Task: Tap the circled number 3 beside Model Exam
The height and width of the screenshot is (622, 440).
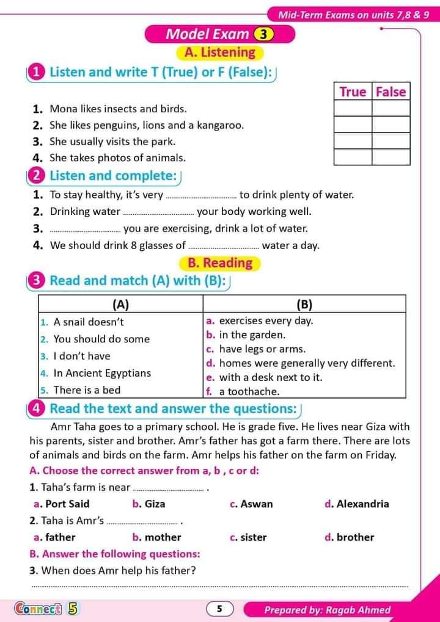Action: tap(263, 35)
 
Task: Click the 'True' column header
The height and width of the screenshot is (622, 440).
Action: tap(353, 92)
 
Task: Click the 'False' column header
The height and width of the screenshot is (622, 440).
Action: tap(391, 92)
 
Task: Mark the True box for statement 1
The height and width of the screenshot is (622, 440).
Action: tap(353, 109)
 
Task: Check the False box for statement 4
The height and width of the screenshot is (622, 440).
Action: tap(391, 157)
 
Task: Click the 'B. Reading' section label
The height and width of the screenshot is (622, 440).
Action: tap(220, 263)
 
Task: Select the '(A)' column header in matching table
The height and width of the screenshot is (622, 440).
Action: tap(120, 304)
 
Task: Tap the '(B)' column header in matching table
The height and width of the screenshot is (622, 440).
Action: tap(304, 304)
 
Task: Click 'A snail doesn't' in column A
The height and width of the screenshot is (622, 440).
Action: tap(88, 322)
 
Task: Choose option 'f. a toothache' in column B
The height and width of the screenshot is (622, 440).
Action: tap(243, 392)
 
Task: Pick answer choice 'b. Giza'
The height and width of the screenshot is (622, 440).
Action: tap(148, 504)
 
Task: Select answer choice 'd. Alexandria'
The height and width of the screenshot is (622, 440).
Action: tap(357, 504)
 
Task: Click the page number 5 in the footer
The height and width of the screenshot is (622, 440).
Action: tap(220, 609)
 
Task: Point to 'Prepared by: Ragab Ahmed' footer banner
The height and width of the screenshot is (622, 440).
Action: tap(327, 610)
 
